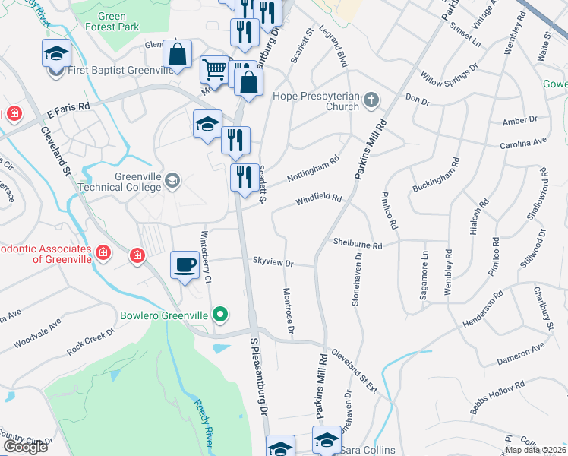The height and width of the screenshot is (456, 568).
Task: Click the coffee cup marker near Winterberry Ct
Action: click(185, 265)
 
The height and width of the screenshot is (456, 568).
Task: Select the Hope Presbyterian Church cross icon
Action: click(371, 100)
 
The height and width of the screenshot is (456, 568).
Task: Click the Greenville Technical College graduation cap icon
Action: click(173, 180)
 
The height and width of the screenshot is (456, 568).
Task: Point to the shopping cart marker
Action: click(214, 70)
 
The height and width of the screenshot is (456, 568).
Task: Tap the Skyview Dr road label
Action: click(273, 262)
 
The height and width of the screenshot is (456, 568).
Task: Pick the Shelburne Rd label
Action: click(357, 245)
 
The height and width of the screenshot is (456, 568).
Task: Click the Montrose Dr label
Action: click(288, 312)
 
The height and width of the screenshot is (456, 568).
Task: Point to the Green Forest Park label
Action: click(117, 21)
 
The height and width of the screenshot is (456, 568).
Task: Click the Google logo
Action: click(25, 447)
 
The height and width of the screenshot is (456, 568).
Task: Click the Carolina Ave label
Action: click(523, 143)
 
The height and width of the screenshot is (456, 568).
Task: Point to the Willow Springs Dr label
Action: click(449, 73)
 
